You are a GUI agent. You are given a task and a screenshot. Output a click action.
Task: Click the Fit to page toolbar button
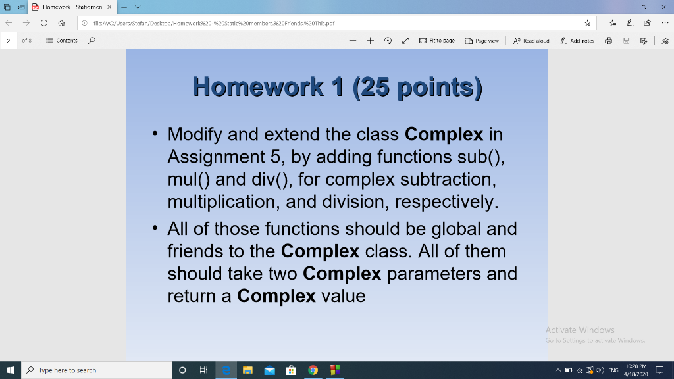tap(436, 41)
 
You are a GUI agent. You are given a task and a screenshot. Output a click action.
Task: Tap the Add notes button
tap(577, 41)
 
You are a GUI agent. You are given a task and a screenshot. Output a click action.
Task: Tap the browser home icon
tap(61, 23)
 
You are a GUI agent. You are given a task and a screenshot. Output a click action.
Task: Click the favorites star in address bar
tap(587, 23)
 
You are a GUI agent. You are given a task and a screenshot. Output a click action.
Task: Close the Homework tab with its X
tap(110, 7)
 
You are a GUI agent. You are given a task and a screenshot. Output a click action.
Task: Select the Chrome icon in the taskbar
tap(313, 370)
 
